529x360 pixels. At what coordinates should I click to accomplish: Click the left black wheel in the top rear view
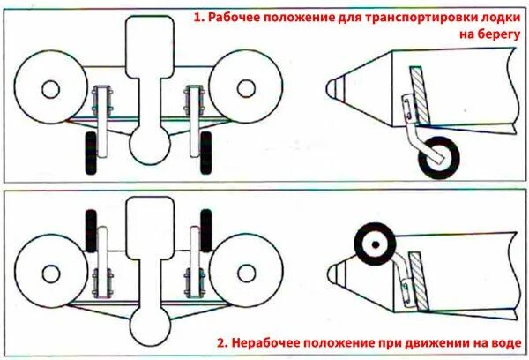[x=90, y=154]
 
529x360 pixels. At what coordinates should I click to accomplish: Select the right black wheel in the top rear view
[x=205, y=154]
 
